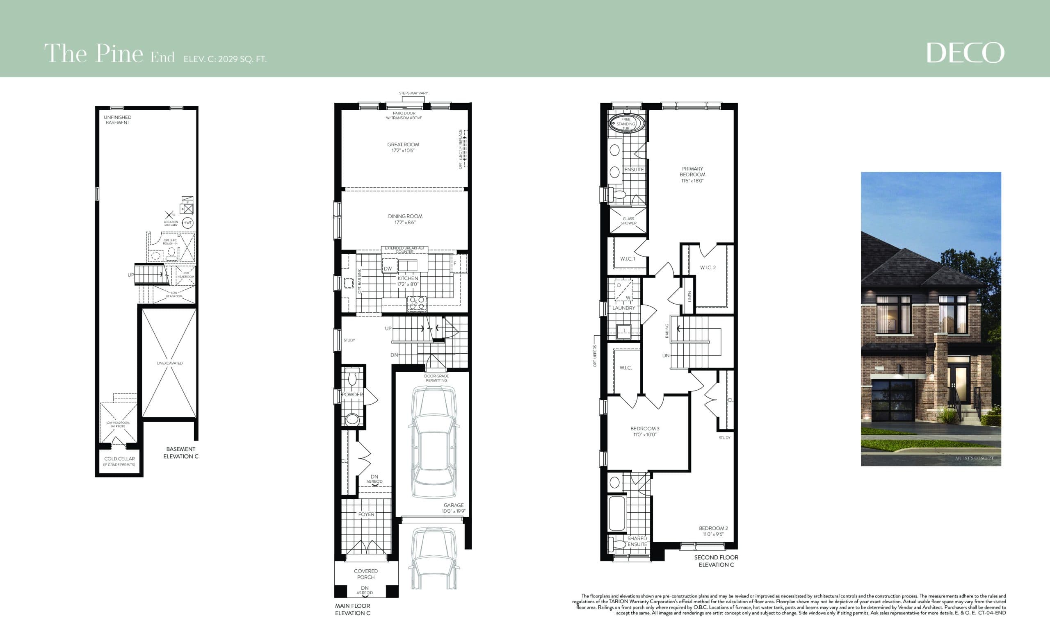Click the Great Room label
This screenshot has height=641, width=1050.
(x=403, y=144)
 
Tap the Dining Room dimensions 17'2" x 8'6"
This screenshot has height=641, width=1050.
(x=405, y=222)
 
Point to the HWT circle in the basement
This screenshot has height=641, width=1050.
(x=187, y=223)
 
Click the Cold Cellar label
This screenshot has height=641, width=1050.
(x=119, y=459)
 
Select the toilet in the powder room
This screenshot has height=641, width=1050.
(x=352, y=377)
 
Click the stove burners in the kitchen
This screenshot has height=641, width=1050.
(x=416, y=303)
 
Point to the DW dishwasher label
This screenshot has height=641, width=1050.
(x=387, y=269)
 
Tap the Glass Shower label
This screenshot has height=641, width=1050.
(x=628, y=220)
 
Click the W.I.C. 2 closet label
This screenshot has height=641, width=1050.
(x=708, y=268)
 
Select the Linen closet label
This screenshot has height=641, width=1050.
(x=689, y=296)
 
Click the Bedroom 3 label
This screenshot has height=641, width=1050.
(x=645, y=428)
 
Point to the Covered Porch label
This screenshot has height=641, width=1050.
(x=365, y=574)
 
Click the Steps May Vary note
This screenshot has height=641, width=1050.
(x=413, y=93)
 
